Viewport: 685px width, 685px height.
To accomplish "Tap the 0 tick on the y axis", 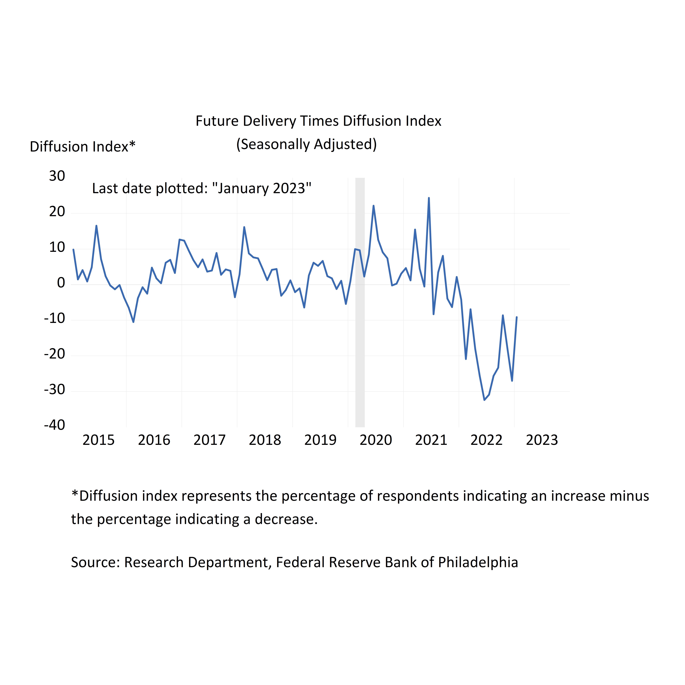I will coord(61,283).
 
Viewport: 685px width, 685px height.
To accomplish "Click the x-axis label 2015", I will coord(99,440).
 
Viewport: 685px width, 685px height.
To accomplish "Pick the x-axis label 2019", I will coord(320,440).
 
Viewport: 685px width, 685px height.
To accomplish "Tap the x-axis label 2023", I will coord(542,440).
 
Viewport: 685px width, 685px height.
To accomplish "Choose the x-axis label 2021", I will coord(431,440).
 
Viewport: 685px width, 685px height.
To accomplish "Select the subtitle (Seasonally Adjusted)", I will coord(306,144).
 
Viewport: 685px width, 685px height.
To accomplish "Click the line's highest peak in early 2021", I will coord(429,198).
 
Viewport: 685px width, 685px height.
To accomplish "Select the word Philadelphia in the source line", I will coord(478,562).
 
